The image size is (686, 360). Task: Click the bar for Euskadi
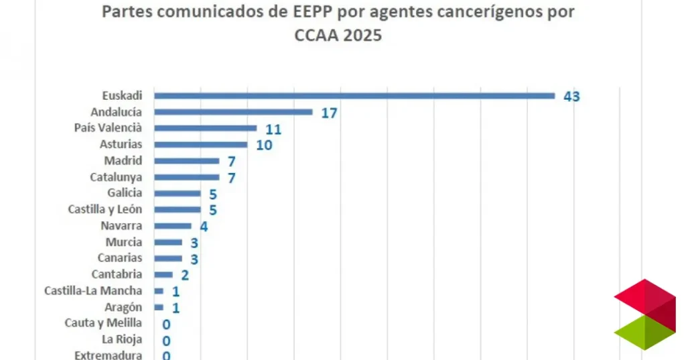point(354,96)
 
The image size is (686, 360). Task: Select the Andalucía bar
point(233,112)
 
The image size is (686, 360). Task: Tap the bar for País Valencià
point(205,128)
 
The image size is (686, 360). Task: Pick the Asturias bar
point(200,144)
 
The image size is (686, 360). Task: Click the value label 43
point(571,97)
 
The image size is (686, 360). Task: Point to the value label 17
point(328,113)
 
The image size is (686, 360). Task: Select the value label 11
point(273,129)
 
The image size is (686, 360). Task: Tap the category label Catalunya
point(116,177)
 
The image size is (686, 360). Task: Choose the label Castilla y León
point(105,209)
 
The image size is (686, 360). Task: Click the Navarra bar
point(173,226)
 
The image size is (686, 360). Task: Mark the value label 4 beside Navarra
point(204,226)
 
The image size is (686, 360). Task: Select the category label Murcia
point(123,242)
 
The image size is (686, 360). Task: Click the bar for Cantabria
point(163,274)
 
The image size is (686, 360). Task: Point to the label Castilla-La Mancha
point(93,290)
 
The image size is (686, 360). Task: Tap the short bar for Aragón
point(159,307)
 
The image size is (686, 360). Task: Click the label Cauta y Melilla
point(103,323)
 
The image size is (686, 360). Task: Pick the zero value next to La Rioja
point(166,340)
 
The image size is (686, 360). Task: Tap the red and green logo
point(644,314)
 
